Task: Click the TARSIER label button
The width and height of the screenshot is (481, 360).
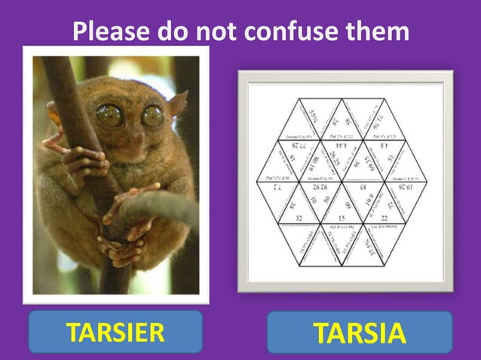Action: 115,331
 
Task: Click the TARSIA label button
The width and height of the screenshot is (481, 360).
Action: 359,332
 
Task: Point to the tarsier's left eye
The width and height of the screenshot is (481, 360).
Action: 110,115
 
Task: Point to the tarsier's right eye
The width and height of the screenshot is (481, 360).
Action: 153,115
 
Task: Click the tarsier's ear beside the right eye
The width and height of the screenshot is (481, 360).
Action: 177,104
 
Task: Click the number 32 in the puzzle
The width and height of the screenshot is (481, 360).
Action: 299,218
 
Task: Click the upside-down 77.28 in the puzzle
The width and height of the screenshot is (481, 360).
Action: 299,143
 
